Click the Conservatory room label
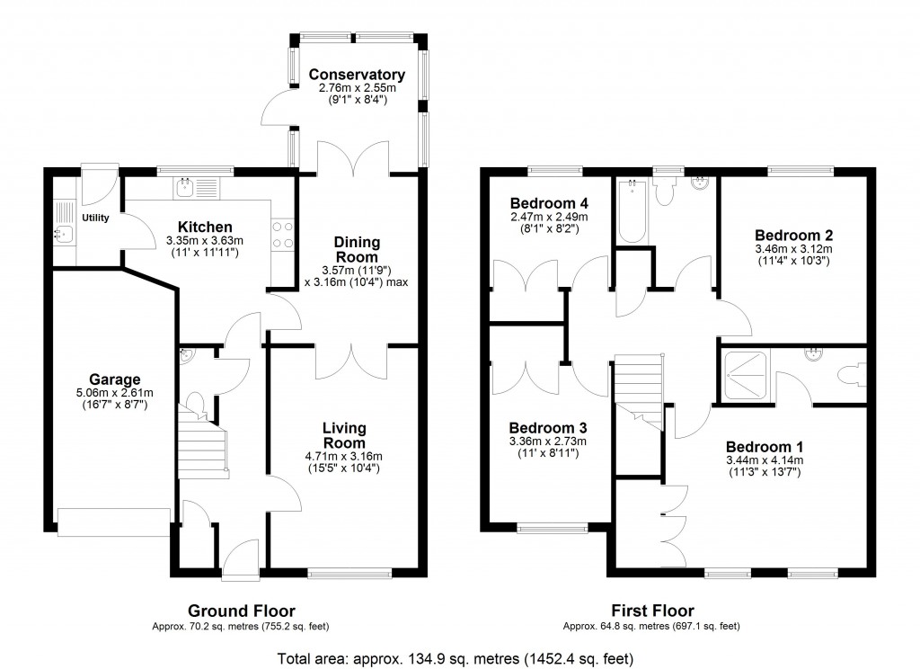357,75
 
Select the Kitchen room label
205,227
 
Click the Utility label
95,219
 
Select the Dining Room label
357,249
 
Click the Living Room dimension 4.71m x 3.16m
345,456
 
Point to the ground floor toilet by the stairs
199,406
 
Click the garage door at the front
113,522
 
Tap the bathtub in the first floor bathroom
632,212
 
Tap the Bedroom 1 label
765,447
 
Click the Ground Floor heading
241,611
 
